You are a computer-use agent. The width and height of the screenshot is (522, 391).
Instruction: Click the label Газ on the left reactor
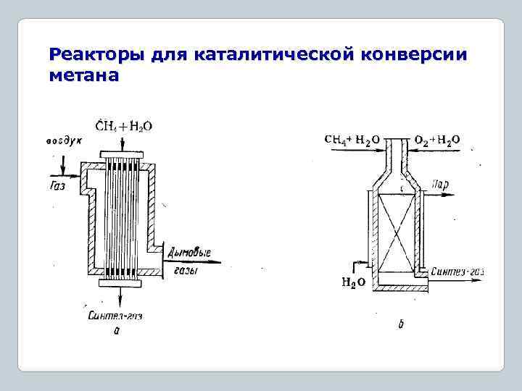(59, 185)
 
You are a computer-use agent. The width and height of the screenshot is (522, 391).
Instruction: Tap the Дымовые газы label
(189, 260)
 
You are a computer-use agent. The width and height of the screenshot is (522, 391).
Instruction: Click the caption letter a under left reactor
(116, 331)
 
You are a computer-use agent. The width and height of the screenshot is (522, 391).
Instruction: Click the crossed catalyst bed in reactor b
(396, 227)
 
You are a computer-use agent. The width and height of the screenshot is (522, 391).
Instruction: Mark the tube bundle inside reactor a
(120, 217)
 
